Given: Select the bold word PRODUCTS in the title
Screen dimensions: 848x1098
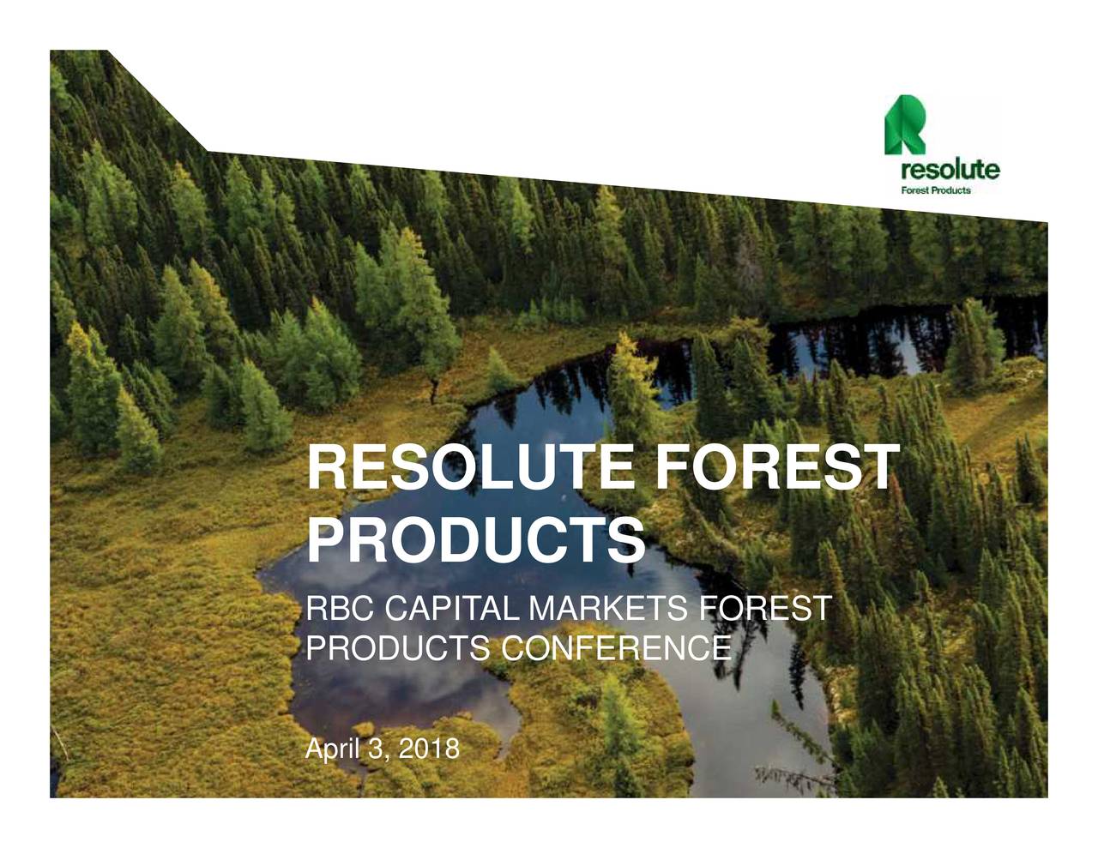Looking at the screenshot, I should coord(475,539).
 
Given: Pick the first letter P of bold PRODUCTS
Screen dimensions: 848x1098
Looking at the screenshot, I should coord(327,539).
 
